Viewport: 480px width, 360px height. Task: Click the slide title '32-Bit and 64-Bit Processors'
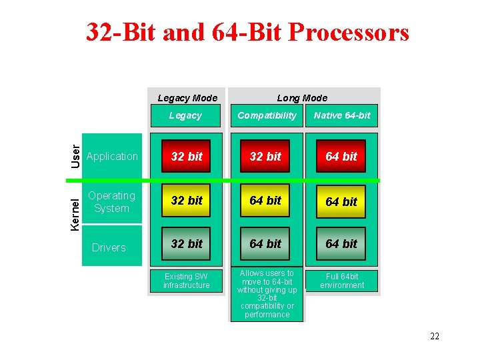point(247,31)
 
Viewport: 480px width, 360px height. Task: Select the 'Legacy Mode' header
point(187,98)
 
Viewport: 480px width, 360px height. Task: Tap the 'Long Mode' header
point(302,98)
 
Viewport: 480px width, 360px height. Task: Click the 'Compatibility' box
point(267,115)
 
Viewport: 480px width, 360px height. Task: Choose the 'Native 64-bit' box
point(342,115)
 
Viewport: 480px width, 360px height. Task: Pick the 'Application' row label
point(112,157)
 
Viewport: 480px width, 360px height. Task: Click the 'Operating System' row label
point(111,202)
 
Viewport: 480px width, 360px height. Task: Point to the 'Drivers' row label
point(109,247)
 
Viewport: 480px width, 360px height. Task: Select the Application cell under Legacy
point(187,157)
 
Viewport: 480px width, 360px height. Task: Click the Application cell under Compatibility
point(265,157)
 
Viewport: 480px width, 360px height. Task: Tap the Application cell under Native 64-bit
point(341,157)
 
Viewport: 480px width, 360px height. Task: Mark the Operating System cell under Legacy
point(187,201)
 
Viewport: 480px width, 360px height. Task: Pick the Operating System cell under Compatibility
point(265,201)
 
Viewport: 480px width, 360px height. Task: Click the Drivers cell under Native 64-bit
point(341,244)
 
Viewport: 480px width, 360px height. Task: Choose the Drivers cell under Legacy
point(187,244)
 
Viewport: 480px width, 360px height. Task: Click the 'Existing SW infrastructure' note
point(187,281)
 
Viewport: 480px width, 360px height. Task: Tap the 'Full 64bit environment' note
point(342,281)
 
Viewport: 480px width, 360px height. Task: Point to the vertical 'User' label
point(76,156)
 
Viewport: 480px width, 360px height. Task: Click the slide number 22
point(434,336)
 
